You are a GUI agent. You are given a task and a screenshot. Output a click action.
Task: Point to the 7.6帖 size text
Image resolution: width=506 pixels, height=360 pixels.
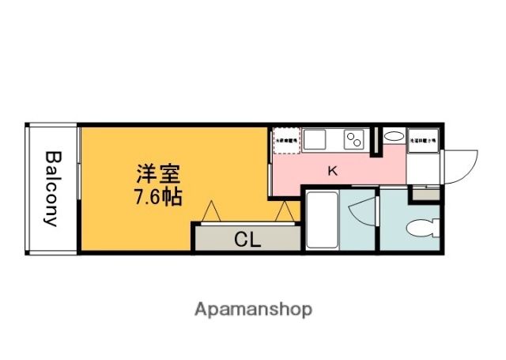157,197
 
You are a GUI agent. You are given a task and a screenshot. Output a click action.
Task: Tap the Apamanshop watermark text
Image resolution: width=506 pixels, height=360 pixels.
253,309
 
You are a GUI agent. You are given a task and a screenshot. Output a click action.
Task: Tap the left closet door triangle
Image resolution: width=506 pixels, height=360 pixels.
212,212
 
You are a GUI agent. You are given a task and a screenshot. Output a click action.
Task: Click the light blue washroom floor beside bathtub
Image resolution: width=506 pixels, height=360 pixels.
362,233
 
